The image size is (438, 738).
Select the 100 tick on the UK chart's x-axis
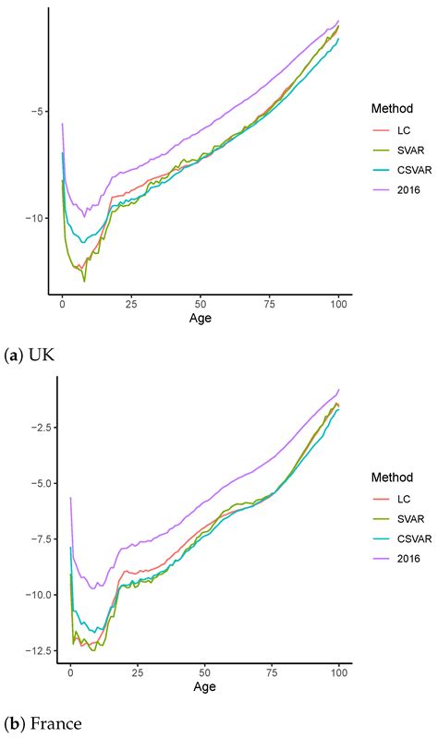coord(338,302)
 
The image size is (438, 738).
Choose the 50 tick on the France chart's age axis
coord(204,674)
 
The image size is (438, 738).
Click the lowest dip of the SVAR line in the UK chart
coord(84,280)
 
